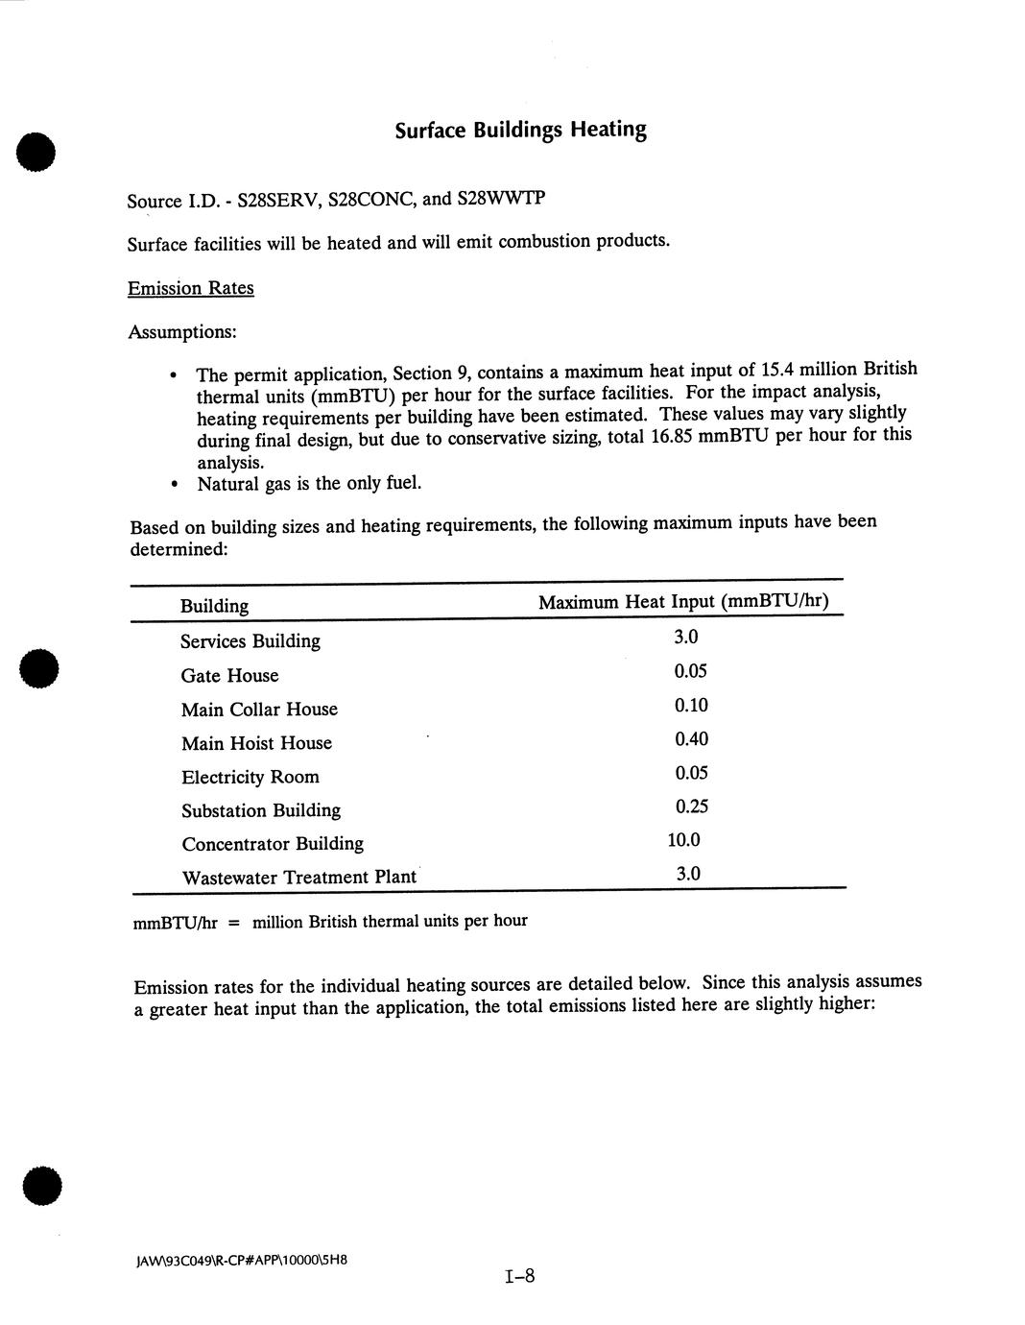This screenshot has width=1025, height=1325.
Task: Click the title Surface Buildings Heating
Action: pos(520,130)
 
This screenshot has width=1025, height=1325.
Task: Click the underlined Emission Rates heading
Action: pos(190,288)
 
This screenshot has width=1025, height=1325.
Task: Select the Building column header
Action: pos(214,606)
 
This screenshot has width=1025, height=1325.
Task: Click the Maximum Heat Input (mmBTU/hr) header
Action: pos(683,602)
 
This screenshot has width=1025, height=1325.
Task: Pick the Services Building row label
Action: pos(250,641)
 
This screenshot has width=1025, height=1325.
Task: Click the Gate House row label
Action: pos(229,676)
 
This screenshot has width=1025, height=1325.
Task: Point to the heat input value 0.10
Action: pos(690,706)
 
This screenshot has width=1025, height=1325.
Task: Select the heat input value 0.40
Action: pos(690,739)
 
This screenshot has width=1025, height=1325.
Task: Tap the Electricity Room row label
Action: pos(250,777)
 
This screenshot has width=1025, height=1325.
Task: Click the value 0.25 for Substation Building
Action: pos(690,807)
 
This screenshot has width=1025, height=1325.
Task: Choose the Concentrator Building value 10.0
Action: pos(683,840)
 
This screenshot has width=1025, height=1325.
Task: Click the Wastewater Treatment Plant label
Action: pos(298,878)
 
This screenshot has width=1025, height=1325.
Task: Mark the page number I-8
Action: pos(518,1276)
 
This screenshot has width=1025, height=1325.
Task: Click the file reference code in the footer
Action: pos(240,1259)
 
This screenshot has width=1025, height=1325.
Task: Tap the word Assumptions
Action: pos(181,332)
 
